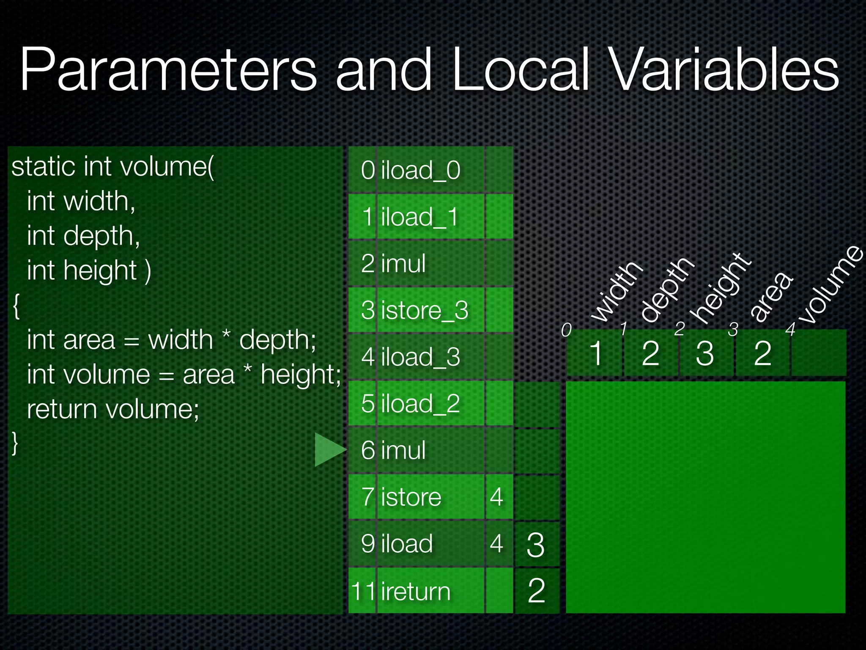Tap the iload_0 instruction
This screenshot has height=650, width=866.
click(420, 170)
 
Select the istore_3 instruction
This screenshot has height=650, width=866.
click(425, 310)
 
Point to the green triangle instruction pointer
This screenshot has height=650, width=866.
click(329, 449)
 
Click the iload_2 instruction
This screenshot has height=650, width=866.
click(420, 403)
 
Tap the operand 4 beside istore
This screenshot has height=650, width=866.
click(497, 497)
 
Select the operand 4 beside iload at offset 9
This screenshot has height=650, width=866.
click(497, 544)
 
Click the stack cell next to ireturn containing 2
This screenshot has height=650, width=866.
click(536, 591)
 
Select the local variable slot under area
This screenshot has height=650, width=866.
click(763, 353)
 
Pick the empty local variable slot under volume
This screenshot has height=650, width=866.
click(819, 353)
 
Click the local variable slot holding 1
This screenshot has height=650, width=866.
click(595, 353)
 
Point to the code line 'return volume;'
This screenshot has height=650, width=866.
click(113, 409)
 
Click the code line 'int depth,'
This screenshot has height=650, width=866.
click(83, 236)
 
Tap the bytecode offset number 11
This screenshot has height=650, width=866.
click(363, 591)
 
